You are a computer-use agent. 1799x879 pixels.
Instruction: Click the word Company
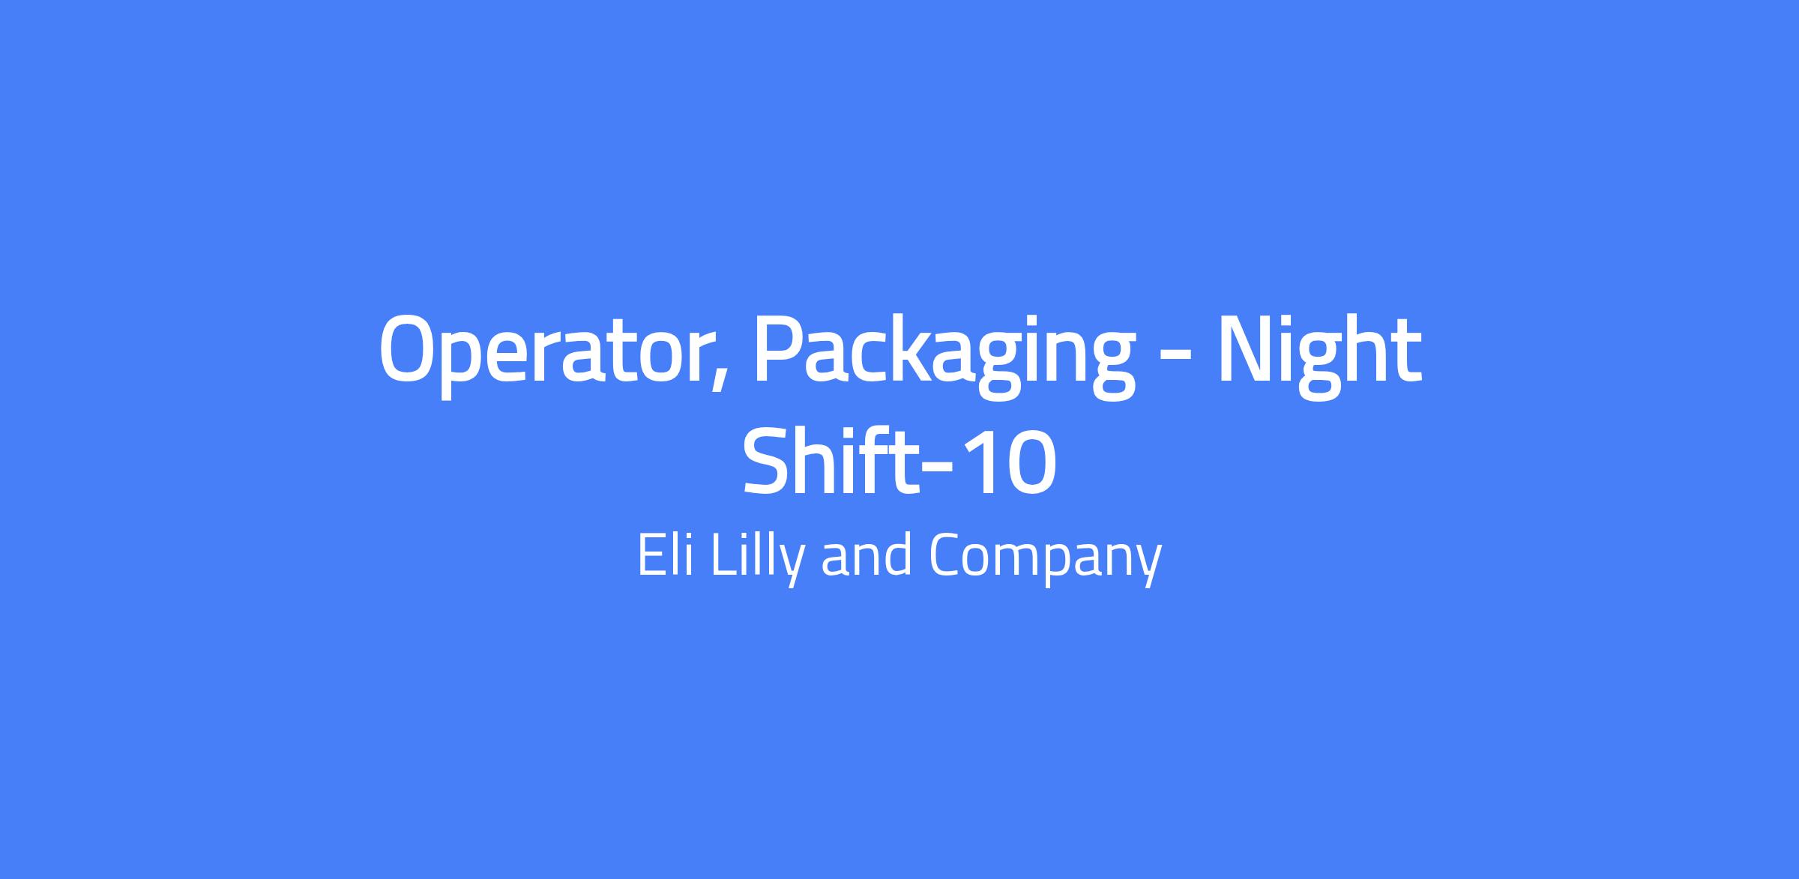pos(1045,559)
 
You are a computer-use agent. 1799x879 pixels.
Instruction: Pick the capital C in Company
pos(947,555)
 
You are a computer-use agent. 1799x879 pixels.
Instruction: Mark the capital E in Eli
pos(651,555)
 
